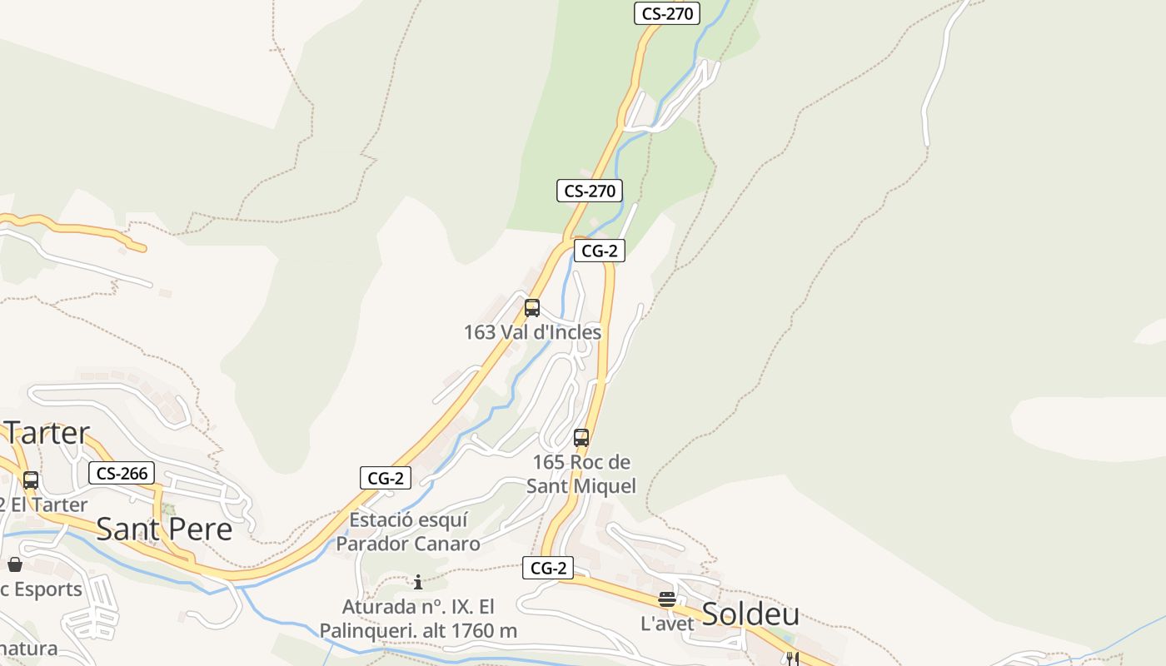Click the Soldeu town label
(x=750, y=614)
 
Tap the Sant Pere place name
(x=164, y=529)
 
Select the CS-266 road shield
(x=122, y=474)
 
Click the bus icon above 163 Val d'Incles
(x=532, y=308)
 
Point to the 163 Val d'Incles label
(x=532, y=332)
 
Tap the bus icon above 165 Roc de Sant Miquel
(x=581, y=438)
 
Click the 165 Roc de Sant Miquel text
(x=581, y=474)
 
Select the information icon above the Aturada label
(x=418, y=582)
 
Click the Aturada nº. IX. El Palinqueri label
(x=418, y=619)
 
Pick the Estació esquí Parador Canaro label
(x=408, y=532)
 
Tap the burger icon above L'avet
(x=666, y=599)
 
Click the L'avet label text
(x=667, y=624)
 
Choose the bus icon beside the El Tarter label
(x=31, y=480)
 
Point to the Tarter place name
(x=47, y=433)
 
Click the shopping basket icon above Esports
(x=15, y=564)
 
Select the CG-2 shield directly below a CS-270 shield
(x=599, y=251)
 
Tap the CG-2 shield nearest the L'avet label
(x=549, y=569)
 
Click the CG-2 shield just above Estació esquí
(x=386, y=478)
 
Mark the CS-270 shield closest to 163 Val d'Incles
(x=590, y=191)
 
